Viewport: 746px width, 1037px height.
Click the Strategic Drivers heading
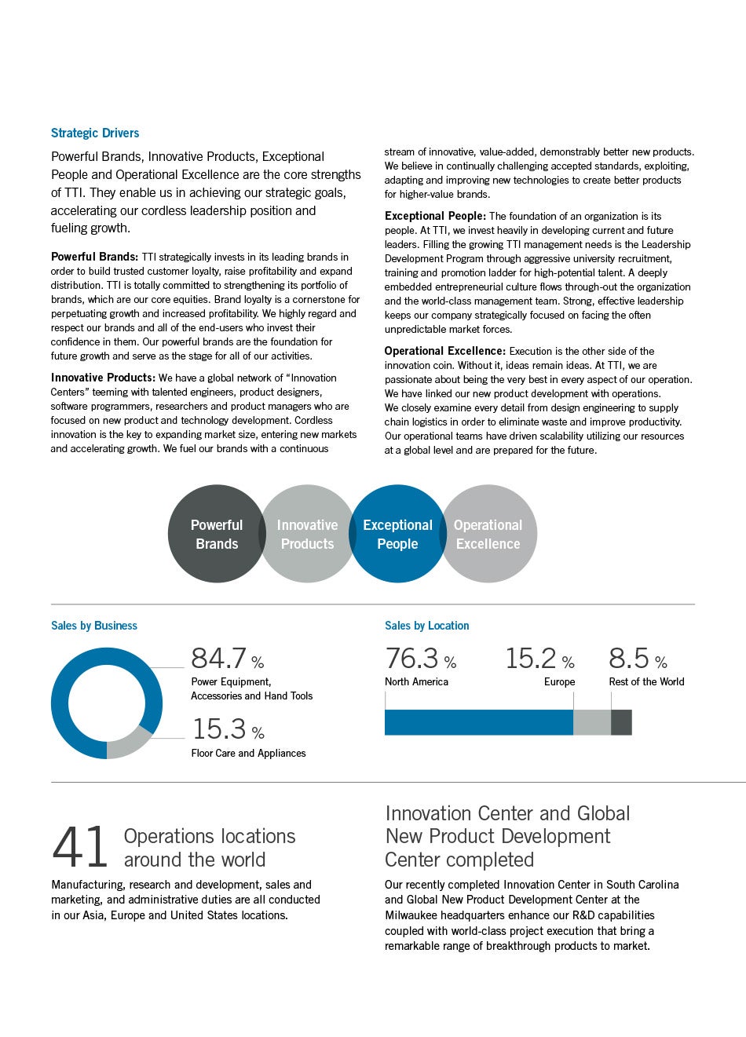(95, 133)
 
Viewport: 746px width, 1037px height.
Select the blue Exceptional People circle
(397, 534)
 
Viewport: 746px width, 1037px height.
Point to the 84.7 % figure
(227, 658)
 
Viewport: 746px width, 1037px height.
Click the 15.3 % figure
(228, 729)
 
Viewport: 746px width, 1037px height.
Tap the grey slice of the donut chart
(129, 742)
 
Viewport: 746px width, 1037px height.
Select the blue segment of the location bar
(478, 722)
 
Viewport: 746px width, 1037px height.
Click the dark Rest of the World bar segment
(621, 722)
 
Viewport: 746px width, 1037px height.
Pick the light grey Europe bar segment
(592, 722)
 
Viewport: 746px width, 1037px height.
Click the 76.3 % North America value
(420, 659)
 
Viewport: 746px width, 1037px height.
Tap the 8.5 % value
(638, 659)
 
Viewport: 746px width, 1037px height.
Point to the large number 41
(79, 848)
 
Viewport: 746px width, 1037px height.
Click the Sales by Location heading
(426, 626)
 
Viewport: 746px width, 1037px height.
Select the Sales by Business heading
(94, 626)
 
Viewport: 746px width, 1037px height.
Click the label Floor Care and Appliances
(248, 754)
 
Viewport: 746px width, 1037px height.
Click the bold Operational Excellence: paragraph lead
(444, 351)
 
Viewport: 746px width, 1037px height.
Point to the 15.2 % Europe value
(539, 659)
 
